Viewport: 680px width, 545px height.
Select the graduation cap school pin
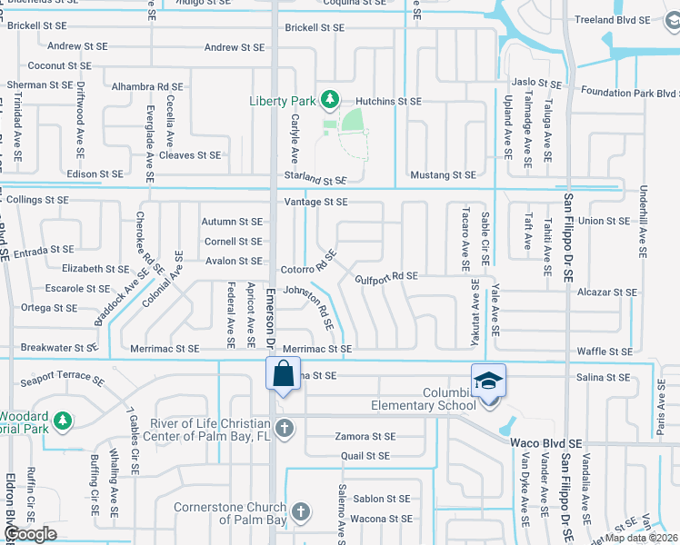click(488, 381)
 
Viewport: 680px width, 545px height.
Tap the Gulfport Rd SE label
click(386, 276)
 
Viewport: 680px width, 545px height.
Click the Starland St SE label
click(315, 182)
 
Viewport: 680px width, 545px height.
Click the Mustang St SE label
click(444, 174)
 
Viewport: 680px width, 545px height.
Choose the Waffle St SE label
click(606, 352)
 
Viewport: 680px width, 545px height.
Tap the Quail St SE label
click(365, 456)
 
